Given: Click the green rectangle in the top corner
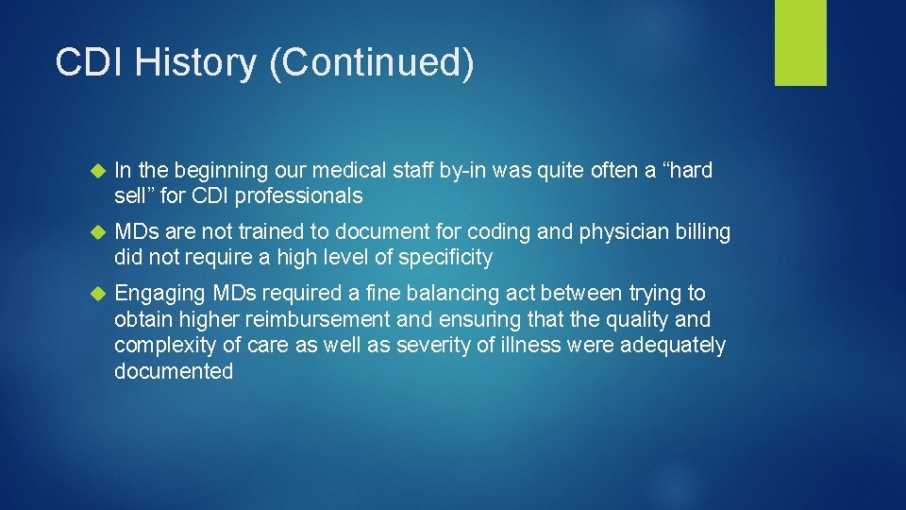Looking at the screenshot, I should point(800,42).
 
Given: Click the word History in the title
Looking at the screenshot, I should point(197,63).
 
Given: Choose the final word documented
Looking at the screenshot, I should point(173,371).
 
